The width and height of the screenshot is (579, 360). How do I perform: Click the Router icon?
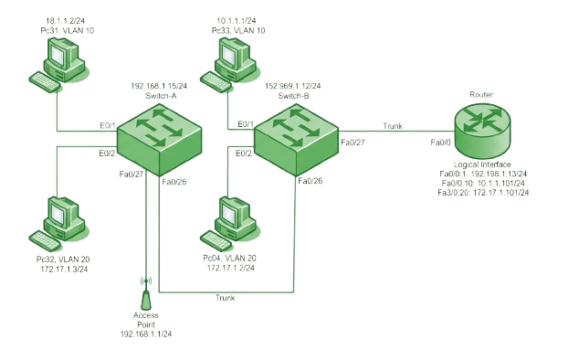coord(482,130)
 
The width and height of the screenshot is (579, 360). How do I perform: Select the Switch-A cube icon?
coord(159,140)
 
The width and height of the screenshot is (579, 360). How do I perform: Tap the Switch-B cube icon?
coord(296,140)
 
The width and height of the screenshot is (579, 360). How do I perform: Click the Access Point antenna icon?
coord(146,294)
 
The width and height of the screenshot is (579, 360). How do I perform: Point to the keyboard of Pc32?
coord(45,240)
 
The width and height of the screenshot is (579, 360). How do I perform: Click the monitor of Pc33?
coord(233,53)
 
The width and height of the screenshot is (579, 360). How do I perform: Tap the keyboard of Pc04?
coord(216,240)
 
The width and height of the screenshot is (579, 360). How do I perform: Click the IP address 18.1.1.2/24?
coord(66,21)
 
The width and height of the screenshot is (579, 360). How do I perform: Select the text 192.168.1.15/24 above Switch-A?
coord(159,86)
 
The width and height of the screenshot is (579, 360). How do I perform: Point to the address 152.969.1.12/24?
coord(293,86)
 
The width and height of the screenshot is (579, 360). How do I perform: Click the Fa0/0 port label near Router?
coord(440,143)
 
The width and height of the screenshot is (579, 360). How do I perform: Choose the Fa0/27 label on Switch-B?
coord(353,143)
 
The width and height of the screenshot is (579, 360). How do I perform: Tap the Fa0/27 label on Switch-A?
coord(132,175)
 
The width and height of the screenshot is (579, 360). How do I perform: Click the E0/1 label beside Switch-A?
coord(108,126)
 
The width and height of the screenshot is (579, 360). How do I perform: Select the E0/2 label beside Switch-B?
coord(244,154)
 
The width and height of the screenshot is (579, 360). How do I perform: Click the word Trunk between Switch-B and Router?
coord(393,126)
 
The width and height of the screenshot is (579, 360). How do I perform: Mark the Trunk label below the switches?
coord(226,298)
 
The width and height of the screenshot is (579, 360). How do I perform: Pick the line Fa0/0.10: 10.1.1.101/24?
coord(483,183)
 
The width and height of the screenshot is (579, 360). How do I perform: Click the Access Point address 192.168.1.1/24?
coord(146,334)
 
